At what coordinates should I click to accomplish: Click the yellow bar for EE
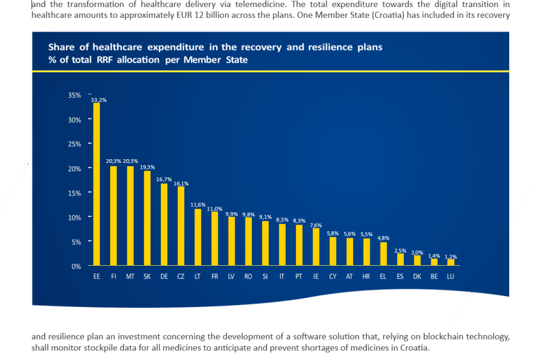pyautogui.click(x=96, y=185)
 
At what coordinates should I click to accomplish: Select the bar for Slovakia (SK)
pyautogui.click(x=147, y=219)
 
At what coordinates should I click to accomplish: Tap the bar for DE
pyautogui.click(x=164, y=225)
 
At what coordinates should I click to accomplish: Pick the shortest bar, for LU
pyautogui.click(x=451, y=262)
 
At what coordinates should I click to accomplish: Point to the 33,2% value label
pyautogui.click(x=99, y=100)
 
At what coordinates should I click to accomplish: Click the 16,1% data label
pyautogui.click(x=181, y=184)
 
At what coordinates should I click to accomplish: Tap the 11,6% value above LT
pyautogui.click(x=198, y=205)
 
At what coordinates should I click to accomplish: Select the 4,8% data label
pyautogui.click(x=384, y=238)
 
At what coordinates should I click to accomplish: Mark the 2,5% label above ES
pyautogui.click(x=400, y=250)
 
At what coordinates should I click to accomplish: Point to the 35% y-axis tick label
pyautogui.click(x=74, y=95)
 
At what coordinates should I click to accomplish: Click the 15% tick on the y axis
pyautogui.click(x=74, y=193)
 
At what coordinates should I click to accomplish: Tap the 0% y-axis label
pyautogui.click(x=76, y=266)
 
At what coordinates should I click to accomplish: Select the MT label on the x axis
pyautogui.click(x=130, y=277)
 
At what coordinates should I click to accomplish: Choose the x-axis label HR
pyautogui.click(x=366, y=277)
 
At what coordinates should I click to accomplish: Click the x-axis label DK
pyautogui.click(x=417, y=277)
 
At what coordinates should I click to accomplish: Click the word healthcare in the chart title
pyautogui.click(x=117, y=47)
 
